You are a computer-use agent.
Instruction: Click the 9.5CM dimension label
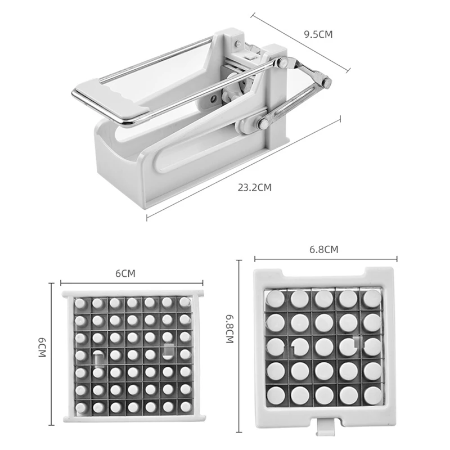pyautogui.click(x=318, y=34)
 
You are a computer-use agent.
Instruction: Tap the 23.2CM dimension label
pyautogui.click(x=255, y=187)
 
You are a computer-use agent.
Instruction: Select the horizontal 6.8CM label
pyautogui.click(x=324, y=249)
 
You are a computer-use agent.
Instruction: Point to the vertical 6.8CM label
pyautogui.click(x=230, y=328)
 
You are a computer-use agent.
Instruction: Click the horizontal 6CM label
pyautogui.click(x=125, y=273)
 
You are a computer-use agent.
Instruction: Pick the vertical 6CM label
pyautogui.click(x=42, y=347)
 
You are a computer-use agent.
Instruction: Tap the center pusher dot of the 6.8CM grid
pyautogui.click(x=324, y=346)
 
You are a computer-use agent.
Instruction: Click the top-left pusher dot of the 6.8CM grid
pyautogui.click(x=276, y=299)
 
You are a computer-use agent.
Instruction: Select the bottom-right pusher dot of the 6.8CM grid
pyautogui.click(x=373, y=395)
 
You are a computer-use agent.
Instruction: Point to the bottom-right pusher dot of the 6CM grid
pyautogui.click(x=185, y=406)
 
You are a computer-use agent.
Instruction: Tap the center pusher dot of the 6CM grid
pyautogui.click(x=133, y=355)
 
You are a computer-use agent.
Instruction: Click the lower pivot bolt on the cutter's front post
pyautogui.click(x=263, y=123)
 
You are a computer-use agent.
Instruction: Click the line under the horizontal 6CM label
pyautogui.click(x=132, y=283)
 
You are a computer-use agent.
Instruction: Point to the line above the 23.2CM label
pyautogui.click(x=244, y=168)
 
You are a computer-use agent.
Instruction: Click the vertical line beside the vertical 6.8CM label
pyautogui.click(x=238, y=346)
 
